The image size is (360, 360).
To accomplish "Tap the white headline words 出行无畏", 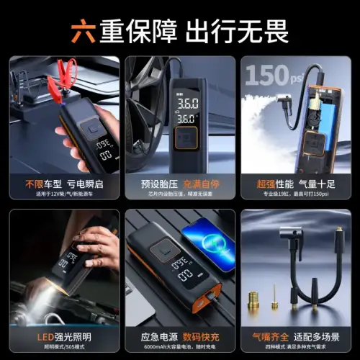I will tap(238, 30).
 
